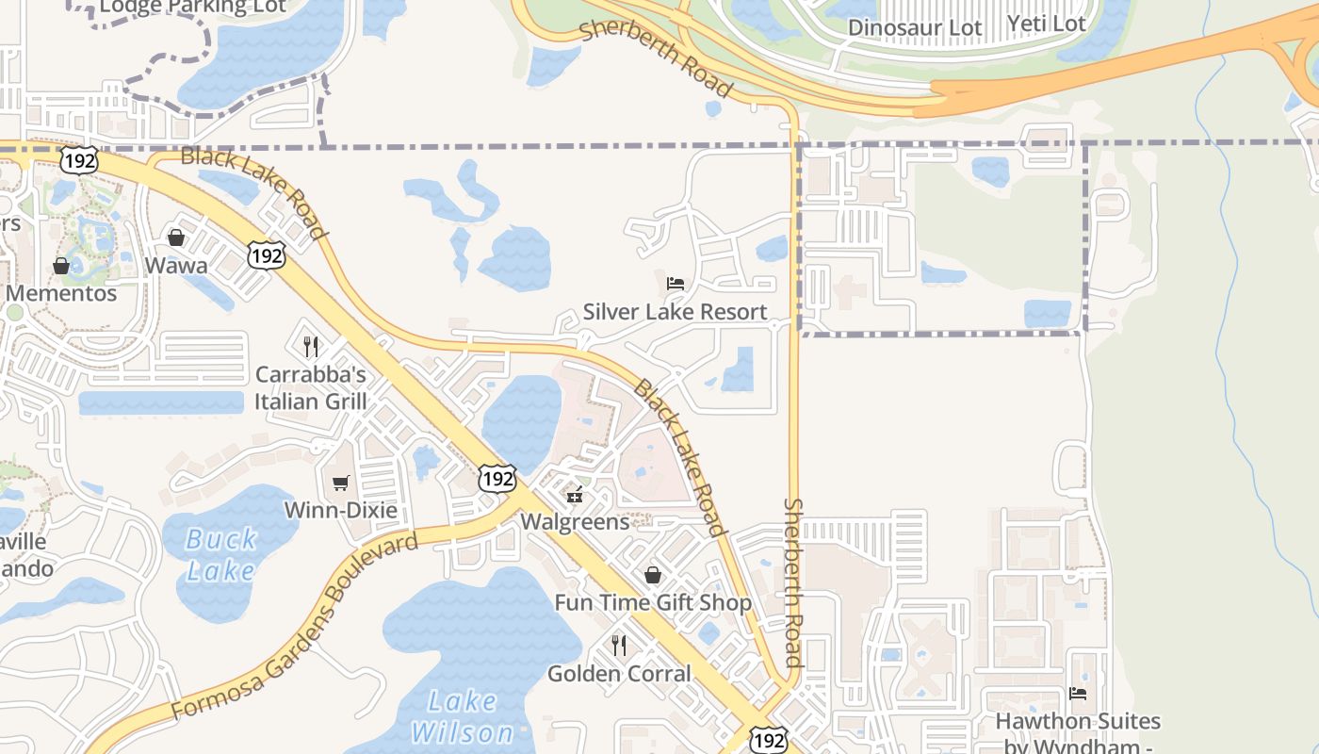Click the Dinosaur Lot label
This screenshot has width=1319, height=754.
coord(914,27)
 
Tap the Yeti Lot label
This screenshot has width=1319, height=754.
coord(1046,24)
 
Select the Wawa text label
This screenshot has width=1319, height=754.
coord(176,266)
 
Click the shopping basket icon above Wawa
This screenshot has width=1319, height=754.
coord(176,238)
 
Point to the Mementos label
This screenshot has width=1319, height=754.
coord(61,293)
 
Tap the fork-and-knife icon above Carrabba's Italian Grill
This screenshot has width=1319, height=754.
coord(311,347)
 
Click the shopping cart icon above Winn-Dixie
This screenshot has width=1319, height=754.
coord(340,483)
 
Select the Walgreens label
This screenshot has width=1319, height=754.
coord(575,521)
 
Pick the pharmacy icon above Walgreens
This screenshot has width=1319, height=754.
coord(575,494)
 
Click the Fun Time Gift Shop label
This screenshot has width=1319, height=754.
coord(653,603)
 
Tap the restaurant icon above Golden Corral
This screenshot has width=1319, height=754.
coord(619,646)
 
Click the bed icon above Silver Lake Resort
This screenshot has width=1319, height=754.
coord(675,283)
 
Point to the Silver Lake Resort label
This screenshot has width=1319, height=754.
coord(675,312)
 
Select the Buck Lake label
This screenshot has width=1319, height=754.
coord(221,555)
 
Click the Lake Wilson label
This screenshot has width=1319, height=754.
coord(462,716)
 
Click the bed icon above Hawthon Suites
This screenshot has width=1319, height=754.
coord(1078,694)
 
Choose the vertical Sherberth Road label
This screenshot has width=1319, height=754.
coord(793,582)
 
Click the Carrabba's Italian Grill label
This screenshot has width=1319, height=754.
coord(311,387)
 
